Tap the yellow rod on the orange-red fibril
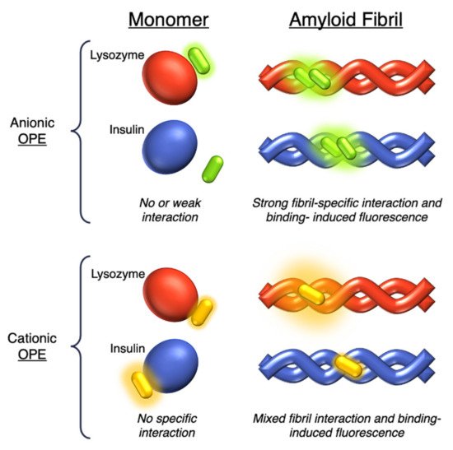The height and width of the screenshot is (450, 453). point(315,295)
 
